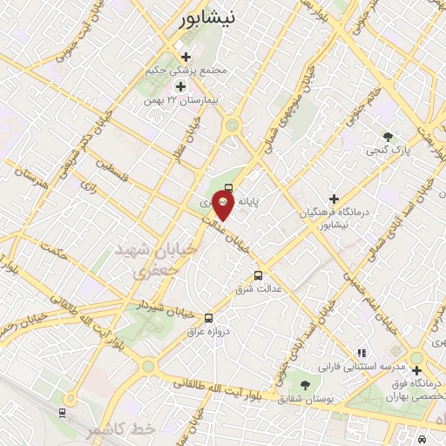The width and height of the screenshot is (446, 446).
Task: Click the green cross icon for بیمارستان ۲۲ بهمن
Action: (x=180, y=86)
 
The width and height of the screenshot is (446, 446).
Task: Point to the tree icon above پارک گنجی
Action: (x=388, y=136)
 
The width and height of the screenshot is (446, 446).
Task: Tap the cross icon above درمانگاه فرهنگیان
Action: (x=333, y=199)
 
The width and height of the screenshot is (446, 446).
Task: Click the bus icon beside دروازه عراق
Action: (x=207, y=318)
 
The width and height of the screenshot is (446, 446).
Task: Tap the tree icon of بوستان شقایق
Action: (x=304, y=384)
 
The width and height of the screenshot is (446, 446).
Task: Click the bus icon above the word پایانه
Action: (x=229, y=186)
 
